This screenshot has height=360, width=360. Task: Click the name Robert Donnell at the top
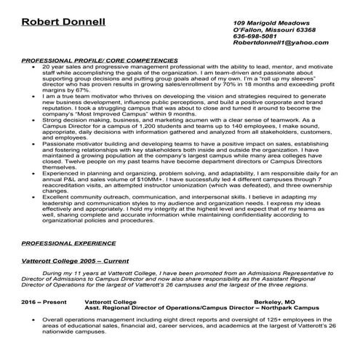click(x=63, y=21)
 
